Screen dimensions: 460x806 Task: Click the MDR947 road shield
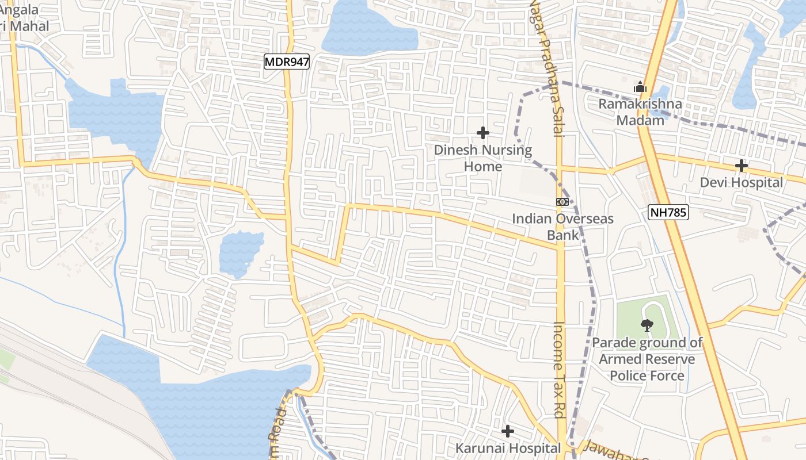[287, 62]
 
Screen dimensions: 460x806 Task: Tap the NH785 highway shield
[668, 212]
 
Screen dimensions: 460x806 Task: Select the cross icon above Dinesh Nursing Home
[483, 133]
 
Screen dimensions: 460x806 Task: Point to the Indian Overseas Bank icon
[562, 202]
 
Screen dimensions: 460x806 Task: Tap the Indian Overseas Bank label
[562, 227]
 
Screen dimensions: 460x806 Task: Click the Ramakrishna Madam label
[640, 112]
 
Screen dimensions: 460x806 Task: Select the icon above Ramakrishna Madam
[640, 88]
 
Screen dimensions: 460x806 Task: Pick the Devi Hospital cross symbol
[742, 166]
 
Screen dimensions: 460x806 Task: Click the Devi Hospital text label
[742, 183]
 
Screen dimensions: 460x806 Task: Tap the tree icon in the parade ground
[647, 325]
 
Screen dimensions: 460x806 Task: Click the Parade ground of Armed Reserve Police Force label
[648, 359]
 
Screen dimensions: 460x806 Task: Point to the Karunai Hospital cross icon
[508, 431]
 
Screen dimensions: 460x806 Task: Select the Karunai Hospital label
[508, 447]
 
